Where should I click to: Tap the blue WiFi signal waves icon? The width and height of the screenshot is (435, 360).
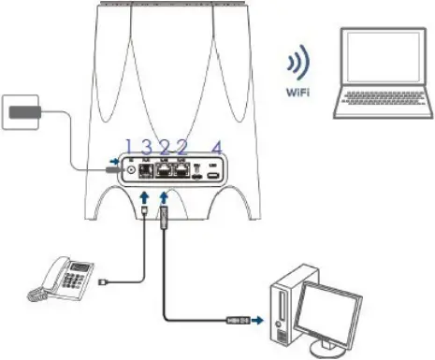[298, 66]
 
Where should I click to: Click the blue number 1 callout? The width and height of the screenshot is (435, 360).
[130, 146]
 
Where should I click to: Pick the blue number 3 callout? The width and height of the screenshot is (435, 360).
[147, 146]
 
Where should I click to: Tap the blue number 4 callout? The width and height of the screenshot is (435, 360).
[217, 146]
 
